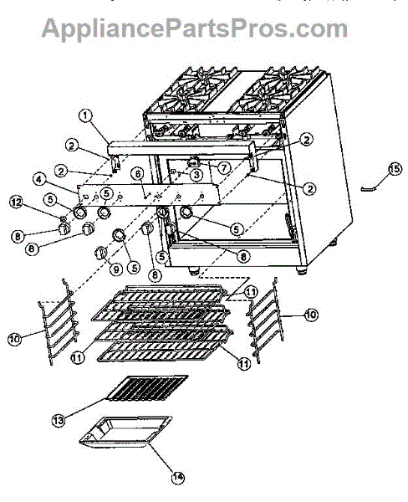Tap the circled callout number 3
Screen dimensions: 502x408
194,176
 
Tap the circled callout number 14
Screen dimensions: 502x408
176,479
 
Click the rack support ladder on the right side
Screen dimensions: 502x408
263,320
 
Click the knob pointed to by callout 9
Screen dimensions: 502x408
101,252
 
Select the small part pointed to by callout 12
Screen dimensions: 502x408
62,219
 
